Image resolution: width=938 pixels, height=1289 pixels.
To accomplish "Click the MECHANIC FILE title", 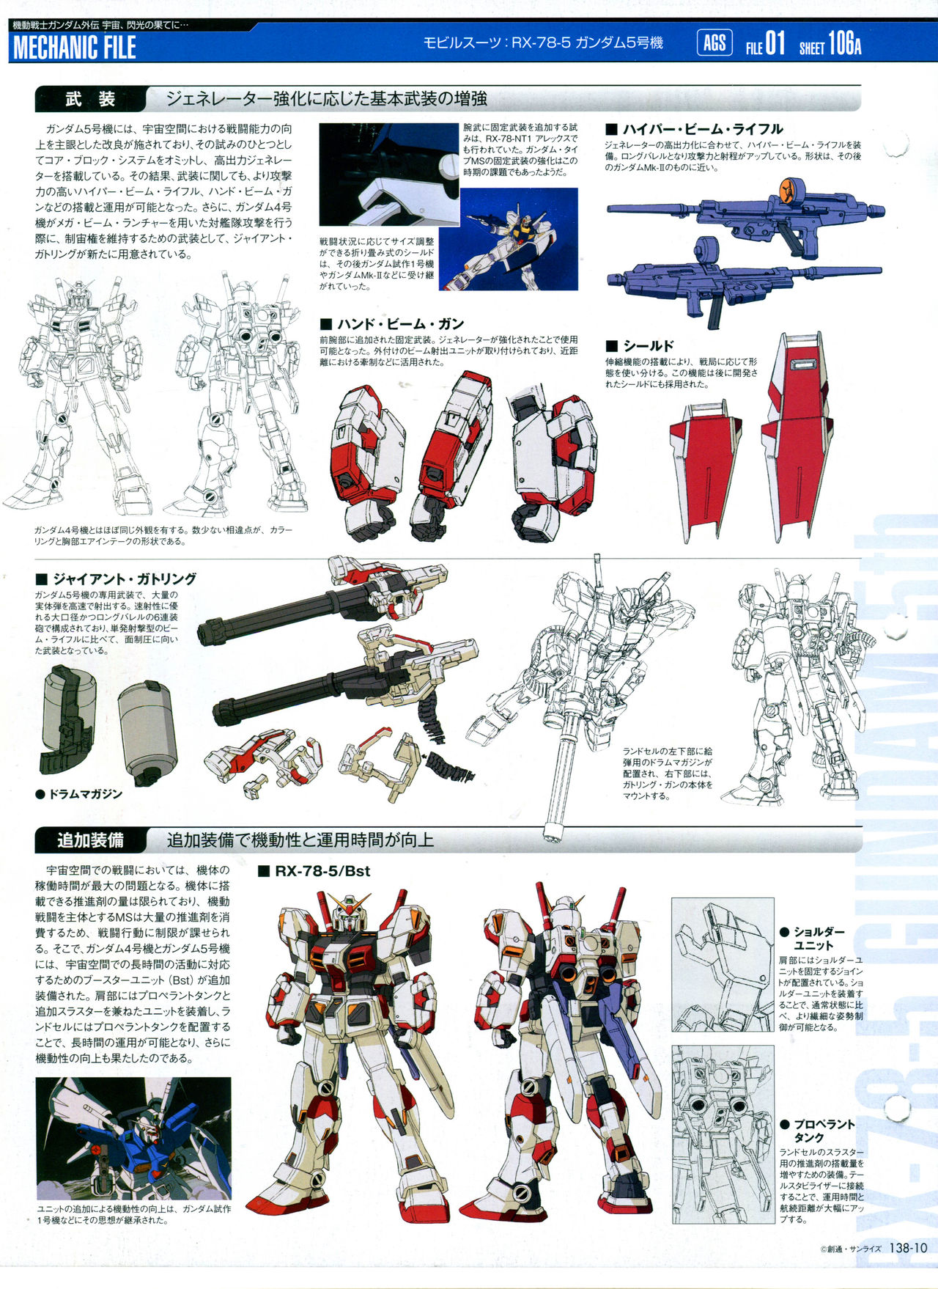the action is coord(75,48).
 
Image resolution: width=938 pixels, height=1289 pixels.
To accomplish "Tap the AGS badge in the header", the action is coord(714,43).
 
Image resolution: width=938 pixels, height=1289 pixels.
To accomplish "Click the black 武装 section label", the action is coord(90,99).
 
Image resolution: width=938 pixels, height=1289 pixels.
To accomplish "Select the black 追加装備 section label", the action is coord(90,840).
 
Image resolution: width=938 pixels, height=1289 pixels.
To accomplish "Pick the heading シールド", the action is coord(639,345).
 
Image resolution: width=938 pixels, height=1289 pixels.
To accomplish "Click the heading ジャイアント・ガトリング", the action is coord(116,579).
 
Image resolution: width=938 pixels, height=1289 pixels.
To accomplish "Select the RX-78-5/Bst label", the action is coord(314,871).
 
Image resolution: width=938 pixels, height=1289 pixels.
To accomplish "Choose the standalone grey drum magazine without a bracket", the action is coord(148,729).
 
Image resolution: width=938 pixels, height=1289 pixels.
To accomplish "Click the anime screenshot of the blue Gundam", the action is coord(133,1139).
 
